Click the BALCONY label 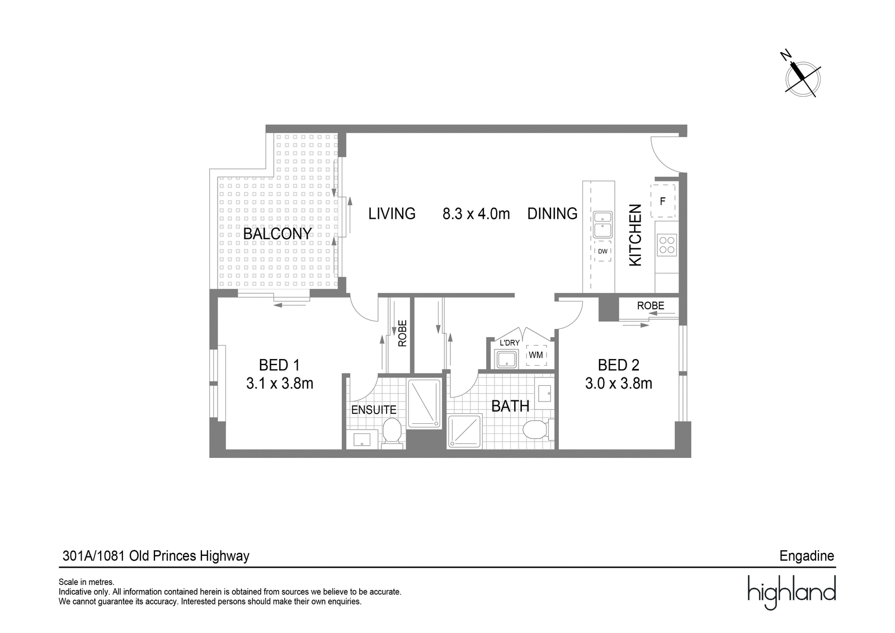pyautogui.click(x=277, y=234)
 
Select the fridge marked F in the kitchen pyautogui.click(x=663, y=201)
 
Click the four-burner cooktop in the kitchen pyautogui.click(x=667, y=245)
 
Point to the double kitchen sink pyautogui.click(x=602, y=224)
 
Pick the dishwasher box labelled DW pyautogui.click(x=602, y=251)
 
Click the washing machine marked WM pyautogui.click(x=536, y=355)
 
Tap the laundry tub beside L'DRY pyautogui.click(x=507, y=358)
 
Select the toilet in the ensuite pyautogui.click(x=392, y=433)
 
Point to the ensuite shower pyautogui.click(x=424, y=403)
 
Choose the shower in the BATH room pyautogui.click(x=465, y=431)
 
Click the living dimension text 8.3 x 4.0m pyautogui.click(x=476, y=214)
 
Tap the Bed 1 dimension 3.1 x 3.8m pyautogui.click(x=280, y=384)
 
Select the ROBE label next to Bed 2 pyautogui.click(x=651, y=305)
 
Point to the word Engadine pyautogui.click(x=807, y=556)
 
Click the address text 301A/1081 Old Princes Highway pyautogui.click(x=156, y=555)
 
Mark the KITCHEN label pyautogui.click(x=635, y=235)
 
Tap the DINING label pyautogui.click(x=552, y=214)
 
